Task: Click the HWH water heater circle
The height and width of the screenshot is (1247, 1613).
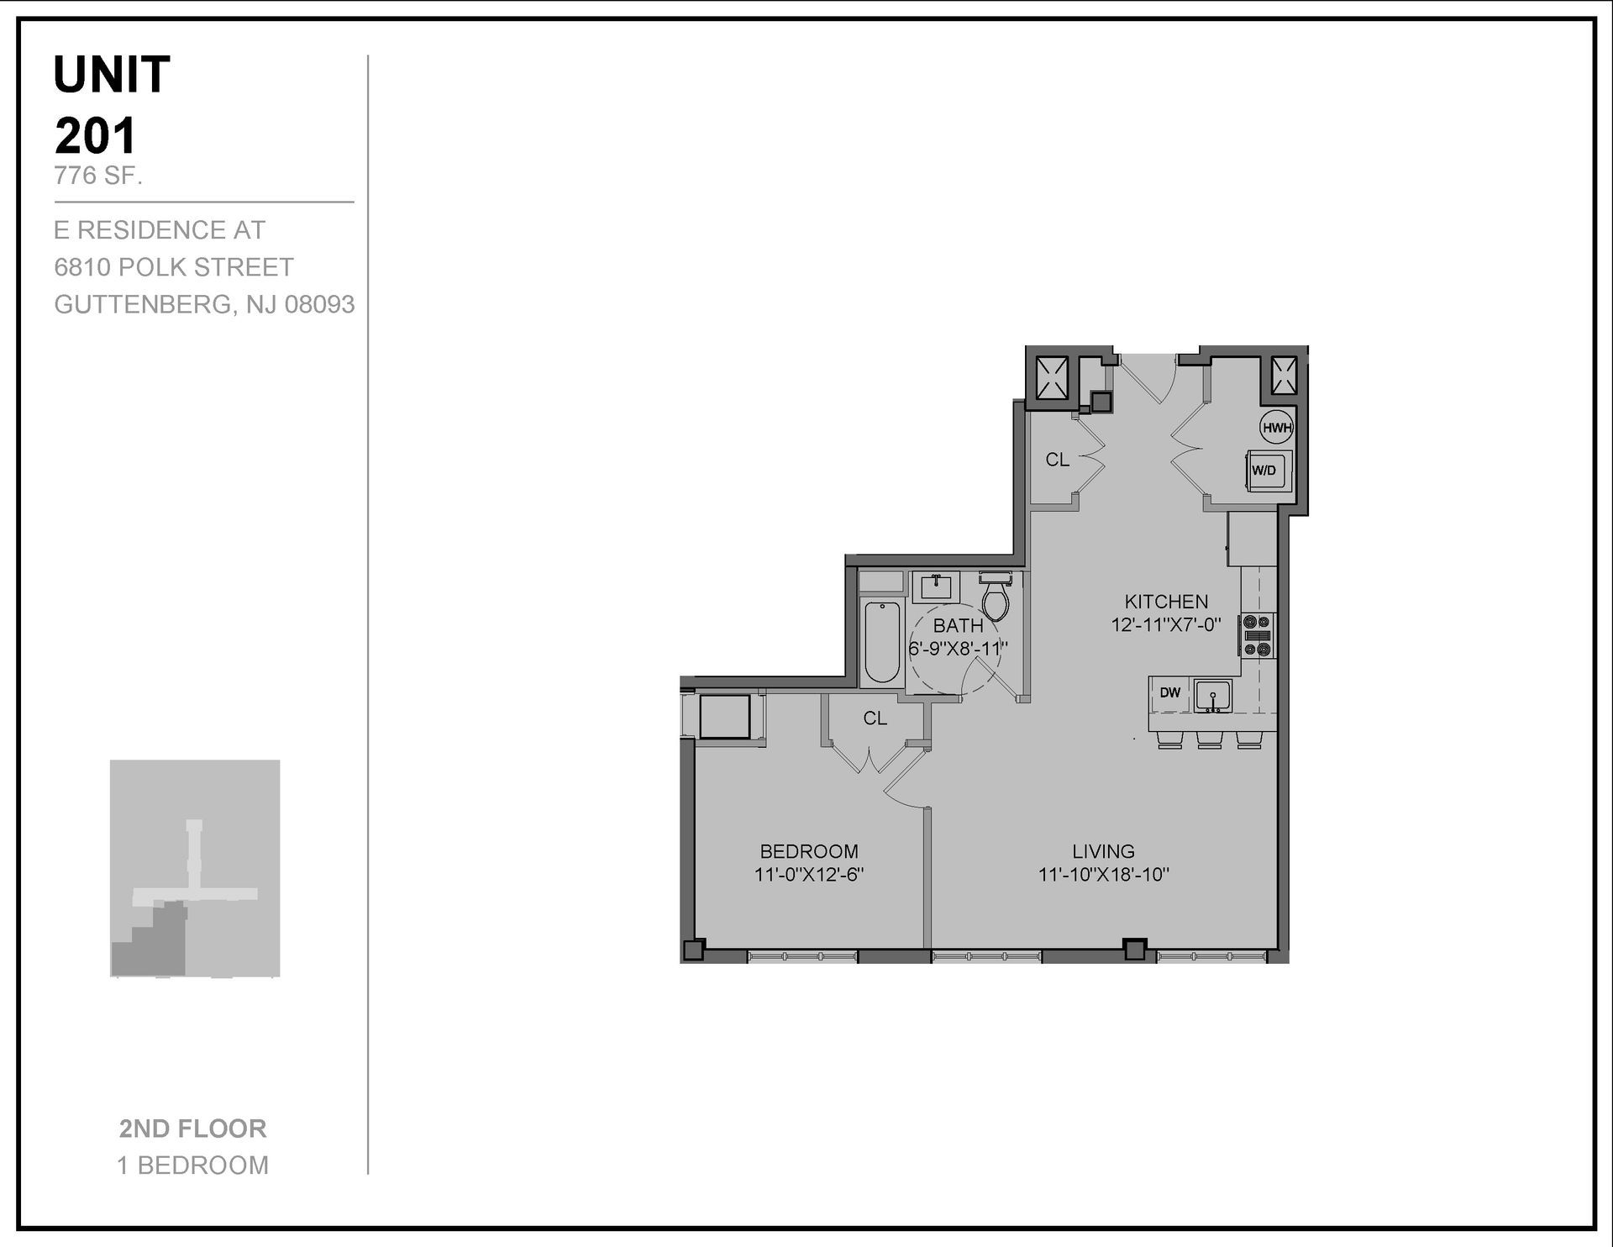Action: (1276, 428)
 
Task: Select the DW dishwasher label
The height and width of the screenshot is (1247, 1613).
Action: (1169, 693)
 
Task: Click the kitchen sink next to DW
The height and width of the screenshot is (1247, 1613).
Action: (1212, 696)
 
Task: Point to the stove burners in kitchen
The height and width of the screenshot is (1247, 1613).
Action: (1258, 635)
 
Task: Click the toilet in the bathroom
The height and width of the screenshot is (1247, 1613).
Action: (996, 597)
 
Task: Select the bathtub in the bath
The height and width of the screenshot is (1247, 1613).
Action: (882, 642)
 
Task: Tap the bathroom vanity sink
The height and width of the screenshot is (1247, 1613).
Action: (935, 586)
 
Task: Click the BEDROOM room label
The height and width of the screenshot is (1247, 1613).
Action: (809, 851)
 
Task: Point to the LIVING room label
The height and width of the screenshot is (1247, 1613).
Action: (1103, 851)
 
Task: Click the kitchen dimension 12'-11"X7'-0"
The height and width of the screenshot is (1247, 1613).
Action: (1166, 625)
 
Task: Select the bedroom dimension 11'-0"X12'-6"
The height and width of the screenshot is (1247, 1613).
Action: (809, 875)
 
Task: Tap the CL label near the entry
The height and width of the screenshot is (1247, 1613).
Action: (1057, 460)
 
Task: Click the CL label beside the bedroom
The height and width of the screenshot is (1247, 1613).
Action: (875, 718)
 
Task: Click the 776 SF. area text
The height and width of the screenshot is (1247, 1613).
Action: (98, 176)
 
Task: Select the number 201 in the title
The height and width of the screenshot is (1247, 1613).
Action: (95, 136)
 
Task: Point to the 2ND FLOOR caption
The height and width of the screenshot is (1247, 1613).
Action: (192, 1129)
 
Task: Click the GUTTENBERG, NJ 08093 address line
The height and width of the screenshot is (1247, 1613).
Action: (204, 304)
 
